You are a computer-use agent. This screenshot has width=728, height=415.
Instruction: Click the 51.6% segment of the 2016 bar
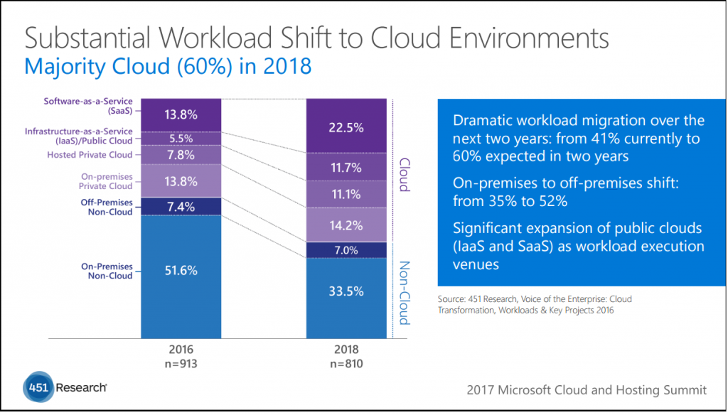181,271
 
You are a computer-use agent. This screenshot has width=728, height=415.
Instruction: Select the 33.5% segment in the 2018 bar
346,291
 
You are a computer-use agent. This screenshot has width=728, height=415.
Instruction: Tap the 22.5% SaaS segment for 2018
346,128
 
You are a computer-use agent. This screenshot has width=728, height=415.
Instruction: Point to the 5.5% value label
181,138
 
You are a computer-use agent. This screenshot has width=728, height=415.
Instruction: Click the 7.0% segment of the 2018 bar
346,251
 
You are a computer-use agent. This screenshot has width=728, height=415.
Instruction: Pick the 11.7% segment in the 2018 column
346,168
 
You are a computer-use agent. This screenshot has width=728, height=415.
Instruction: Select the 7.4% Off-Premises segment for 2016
181,206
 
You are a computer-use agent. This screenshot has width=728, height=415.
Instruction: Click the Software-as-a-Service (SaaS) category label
88,107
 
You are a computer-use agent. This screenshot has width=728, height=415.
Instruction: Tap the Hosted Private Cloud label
90,155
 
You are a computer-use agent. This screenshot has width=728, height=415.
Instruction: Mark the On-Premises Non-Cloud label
107,271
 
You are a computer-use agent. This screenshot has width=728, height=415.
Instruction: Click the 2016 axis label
181,350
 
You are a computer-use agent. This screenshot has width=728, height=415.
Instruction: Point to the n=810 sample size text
347,363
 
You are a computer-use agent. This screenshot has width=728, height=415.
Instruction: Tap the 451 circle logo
36,387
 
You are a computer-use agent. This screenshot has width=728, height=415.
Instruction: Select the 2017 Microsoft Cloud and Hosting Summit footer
587,389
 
